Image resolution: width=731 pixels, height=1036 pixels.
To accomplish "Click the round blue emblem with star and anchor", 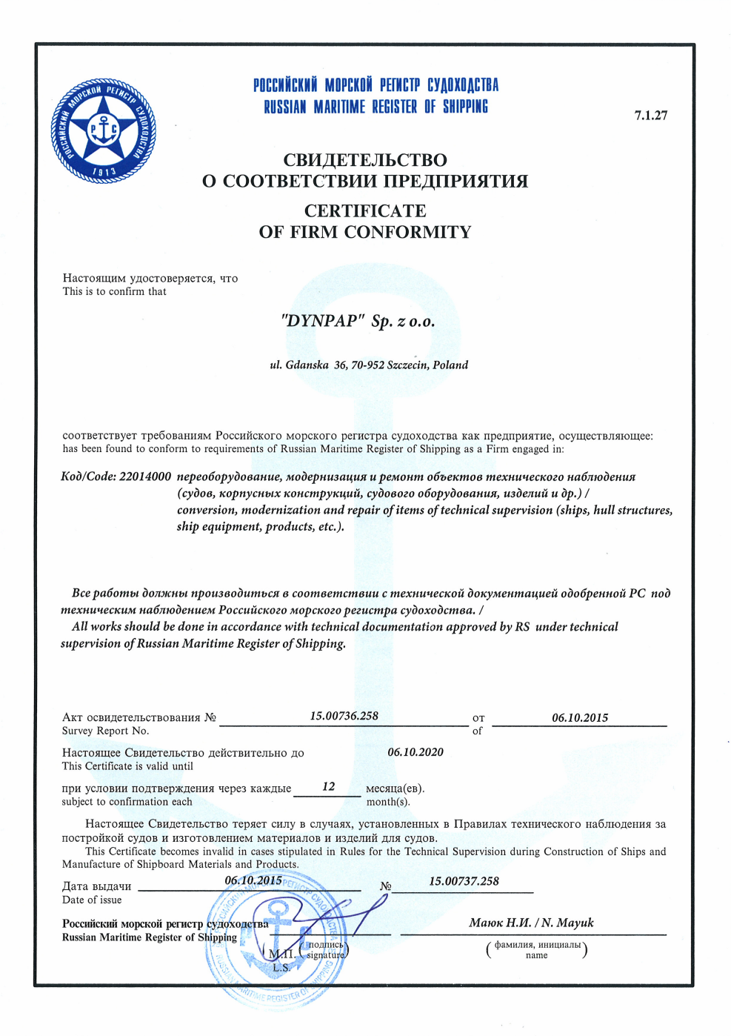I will tap(103, 130).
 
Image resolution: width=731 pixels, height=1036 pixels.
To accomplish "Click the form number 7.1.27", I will tap(651, 115).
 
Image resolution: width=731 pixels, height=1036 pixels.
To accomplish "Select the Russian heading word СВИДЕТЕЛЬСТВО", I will tap(365, 160).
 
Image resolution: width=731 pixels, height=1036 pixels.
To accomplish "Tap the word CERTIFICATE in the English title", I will tap(365, 211).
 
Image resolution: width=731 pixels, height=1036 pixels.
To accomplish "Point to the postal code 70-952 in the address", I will tap(367, 365).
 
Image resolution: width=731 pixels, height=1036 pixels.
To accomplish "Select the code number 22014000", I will tap(144, 477).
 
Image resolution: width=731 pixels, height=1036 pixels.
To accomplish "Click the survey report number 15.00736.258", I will tap(344, 716).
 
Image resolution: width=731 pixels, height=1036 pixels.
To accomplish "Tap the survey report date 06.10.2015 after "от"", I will tap(580, 717).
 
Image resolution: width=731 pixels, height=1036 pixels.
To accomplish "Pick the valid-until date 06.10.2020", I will tap(415, 752).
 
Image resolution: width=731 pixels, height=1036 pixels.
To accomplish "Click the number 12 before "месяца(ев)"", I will tap(328, 786).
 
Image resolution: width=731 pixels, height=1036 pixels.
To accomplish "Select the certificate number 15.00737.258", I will tap(464, 881).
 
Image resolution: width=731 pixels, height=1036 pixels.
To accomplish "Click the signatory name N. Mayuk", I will tap(567, 923).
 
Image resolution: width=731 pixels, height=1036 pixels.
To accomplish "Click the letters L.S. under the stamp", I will tap(281, 967).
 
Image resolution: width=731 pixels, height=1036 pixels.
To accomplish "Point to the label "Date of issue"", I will tap(92, 900).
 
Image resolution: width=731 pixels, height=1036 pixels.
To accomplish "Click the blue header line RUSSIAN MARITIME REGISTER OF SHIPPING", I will tap(375, 107).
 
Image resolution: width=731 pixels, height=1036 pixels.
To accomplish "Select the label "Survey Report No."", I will tap(105, 731).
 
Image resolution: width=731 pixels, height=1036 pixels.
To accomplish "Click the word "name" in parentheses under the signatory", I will tap(536, 955).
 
